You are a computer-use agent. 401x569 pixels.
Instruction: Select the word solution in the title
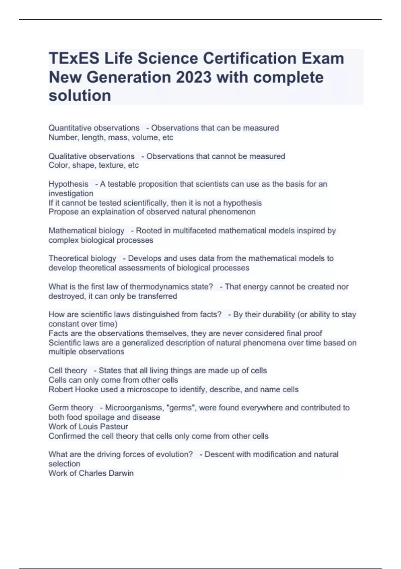click(x=80, y=96)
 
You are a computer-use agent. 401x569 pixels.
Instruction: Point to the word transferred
click(x=157, y=296)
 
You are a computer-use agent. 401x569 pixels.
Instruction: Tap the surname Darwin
click(x=122, y=473)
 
